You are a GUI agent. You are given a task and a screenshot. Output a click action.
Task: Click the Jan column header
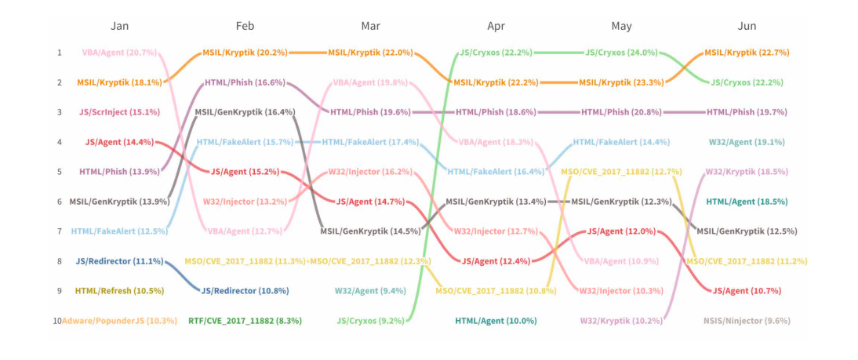tap(119, 26)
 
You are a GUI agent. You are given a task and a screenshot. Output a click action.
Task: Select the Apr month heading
tap(496, 26)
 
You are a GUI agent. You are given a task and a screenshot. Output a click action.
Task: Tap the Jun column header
tap(747, 26)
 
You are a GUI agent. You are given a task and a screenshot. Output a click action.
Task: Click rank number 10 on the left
tap(57, 321)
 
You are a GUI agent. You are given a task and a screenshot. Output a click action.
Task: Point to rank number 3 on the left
tap(58, 112)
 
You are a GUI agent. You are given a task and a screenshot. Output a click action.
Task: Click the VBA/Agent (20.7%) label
tap(119, 53)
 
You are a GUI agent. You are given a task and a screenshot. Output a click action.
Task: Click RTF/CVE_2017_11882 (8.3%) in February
tap(245, 321)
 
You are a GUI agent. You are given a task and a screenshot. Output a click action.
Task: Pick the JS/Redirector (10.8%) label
tap(245, 291)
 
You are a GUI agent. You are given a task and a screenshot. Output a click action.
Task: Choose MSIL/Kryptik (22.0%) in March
tap(370, 53)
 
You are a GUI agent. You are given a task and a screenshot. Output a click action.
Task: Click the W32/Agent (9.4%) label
tap(370, 291)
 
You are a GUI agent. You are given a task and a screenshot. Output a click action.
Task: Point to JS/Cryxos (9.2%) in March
tap(370, 321)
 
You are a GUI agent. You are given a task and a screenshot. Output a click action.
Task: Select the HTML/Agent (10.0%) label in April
tap(496, 321)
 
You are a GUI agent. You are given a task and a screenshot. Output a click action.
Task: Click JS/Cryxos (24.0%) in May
tap(621, 53)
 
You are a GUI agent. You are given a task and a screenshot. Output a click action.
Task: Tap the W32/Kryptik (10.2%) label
tap(621, 321)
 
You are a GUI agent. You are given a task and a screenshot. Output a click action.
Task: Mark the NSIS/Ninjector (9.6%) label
tap(747, 321)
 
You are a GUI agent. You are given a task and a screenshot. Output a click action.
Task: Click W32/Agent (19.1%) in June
tap(747, 142)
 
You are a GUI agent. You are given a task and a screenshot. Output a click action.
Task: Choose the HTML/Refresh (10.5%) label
tap(119, 291)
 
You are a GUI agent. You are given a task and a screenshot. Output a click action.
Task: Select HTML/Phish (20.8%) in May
tap(621, 112)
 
